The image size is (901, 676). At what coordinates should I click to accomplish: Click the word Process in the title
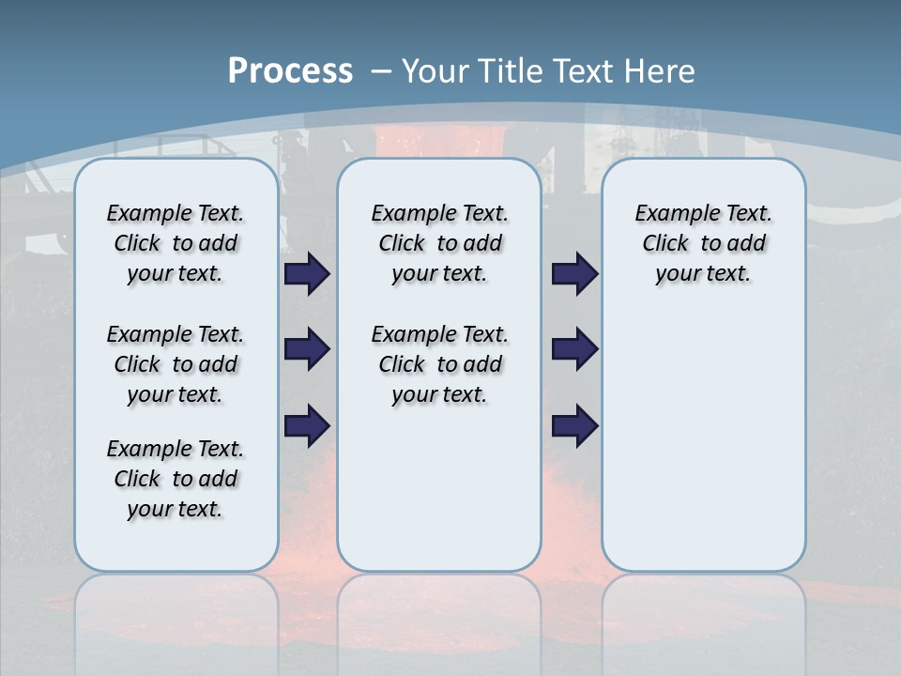click(x=290, y=70)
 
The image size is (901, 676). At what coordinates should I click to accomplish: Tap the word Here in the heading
click(x=657, y=71)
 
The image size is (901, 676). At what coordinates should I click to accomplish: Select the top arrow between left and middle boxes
click(x=307, y=274)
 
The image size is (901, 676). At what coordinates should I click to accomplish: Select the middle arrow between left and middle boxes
click(x=307, y=349)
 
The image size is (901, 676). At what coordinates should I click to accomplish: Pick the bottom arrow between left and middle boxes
click(x=307, y=426)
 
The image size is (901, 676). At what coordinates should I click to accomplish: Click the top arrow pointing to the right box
click(x=574, y=274)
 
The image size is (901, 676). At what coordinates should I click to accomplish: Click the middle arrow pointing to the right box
click(x=574, y=349)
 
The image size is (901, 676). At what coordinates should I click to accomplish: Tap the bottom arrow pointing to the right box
click(x=574, y=426)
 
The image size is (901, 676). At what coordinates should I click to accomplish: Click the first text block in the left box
click(x=176, y=243)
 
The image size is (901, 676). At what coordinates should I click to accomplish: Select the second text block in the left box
click(x=176, y=364)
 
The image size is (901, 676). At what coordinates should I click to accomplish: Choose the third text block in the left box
click(x=176, y=479)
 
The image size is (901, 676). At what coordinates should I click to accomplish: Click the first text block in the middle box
click(x=439, y=243)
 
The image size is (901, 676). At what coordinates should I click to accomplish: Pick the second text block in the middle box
click(x=439, y=364)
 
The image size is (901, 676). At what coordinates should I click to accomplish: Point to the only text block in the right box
click(x=703, y=243)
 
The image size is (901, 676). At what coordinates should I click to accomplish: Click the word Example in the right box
click(x=668, y=214)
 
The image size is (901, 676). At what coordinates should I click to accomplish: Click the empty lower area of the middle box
click(x=439, y=488)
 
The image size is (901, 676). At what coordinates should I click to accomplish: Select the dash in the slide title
click(x=380, y=71)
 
